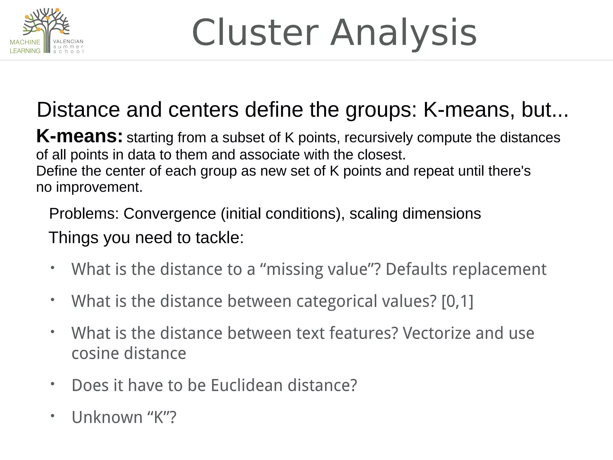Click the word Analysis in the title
point(403,33)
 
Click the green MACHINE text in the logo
point(25,42)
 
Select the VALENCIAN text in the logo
point(68,41)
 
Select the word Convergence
point(170,214)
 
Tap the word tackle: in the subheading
point(220,238)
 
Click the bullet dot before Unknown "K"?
point(52,416)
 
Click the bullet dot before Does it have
point(52,384)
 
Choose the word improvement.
point(99,187)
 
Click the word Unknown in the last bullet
point(107,417)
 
